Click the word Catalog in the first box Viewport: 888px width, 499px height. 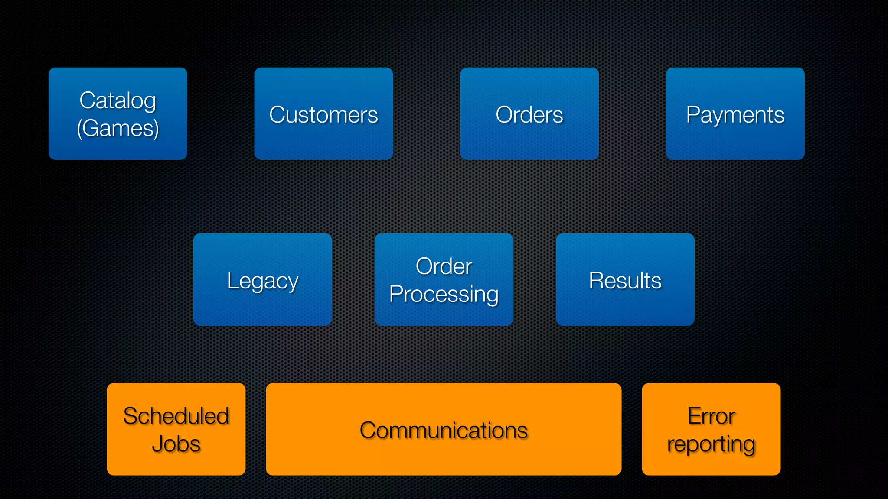pyautogui.click(x=118, y=101)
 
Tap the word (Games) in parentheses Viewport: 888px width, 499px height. pyautogui.click(x=118, y=129)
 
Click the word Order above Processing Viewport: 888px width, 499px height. pyautogui.click(x=444, y=266)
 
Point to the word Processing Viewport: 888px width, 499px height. pyautogui.click(x=444, y=295)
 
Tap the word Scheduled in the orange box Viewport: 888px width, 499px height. pyautogui.click(x=176, y=416)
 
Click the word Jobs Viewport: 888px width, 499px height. pyautogui.click(x=176, y=444)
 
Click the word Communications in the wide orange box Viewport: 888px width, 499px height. pyautogui.click(x=444, y=431)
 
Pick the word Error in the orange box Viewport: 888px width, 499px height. pyautogui.click(x=711, y=416)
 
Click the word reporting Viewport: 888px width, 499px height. pyautogui.click(x=711, y=444)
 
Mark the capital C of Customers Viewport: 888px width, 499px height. pyautogui.click(x=277, y=115)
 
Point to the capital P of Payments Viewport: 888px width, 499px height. pyautogui.click(x=693, y=114)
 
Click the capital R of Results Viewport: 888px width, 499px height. pyautogui.click(x=596, y=280)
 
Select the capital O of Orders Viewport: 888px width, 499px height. pyautogui.click(x=504, y=115)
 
